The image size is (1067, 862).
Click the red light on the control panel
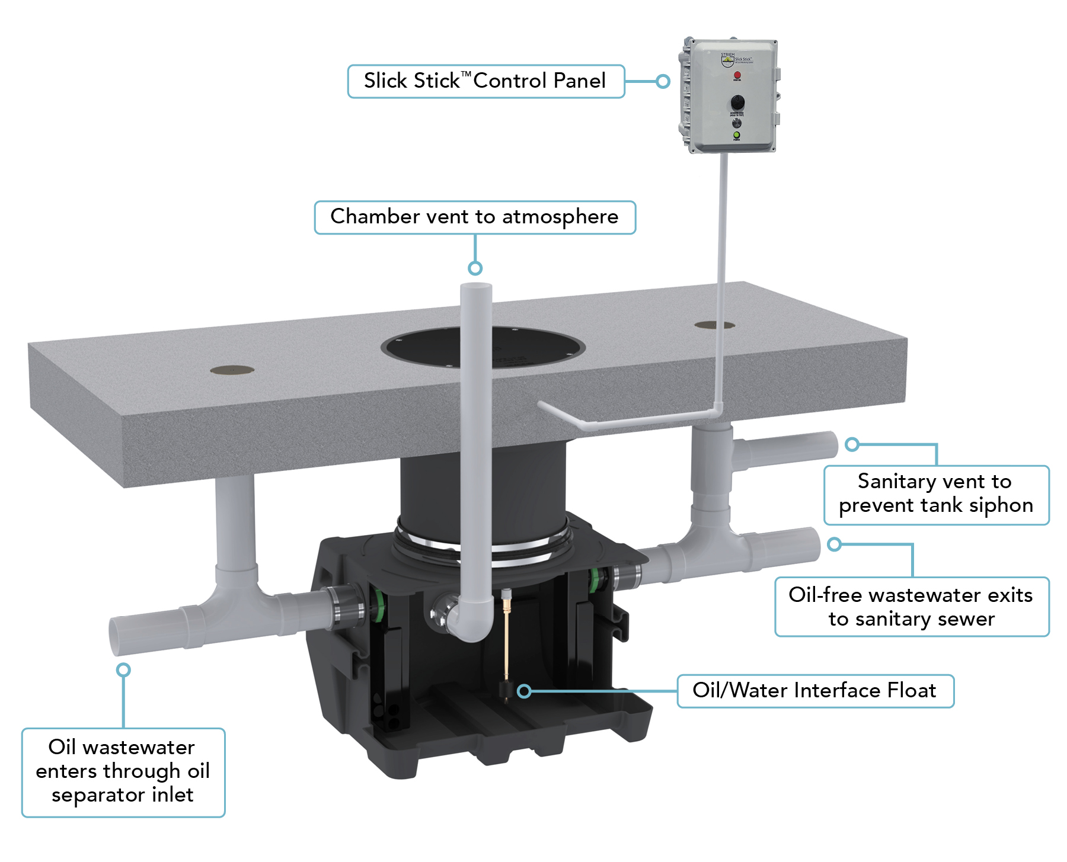coord(737,75)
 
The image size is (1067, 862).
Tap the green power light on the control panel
coord(736,135)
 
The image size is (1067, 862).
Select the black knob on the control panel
coord(737,102)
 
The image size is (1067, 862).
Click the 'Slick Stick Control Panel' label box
coord(485,81)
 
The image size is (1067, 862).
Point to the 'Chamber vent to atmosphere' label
coord(474,217)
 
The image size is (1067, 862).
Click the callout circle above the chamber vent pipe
coord(475,268)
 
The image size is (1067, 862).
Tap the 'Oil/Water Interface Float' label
coord(815,691)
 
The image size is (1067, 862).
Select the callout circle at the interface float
coord(524,691)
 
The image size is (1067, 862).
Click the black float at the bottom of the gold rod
coord(506,690)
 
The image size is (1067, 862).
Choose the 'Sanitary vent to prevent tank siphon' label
coord(936,494)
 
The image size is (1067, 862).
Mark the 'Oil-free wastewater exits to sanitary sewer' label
coord(911,607)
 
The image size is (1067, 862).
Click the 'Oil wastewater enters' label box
coord(123,772)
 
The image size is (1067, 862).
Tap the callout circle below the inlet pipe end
coord(123,669)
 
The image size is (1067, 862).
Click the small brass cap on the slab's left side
coord(232,370)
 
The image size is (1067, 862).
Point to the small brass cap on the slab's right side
coord(714,325)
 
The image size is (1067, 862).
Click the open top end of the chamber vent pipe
coord(476,287)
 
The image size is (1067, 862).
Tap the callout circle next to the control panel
coord(663,81)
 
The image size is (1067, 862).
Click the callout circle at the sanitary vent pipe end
coord(852,444)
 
